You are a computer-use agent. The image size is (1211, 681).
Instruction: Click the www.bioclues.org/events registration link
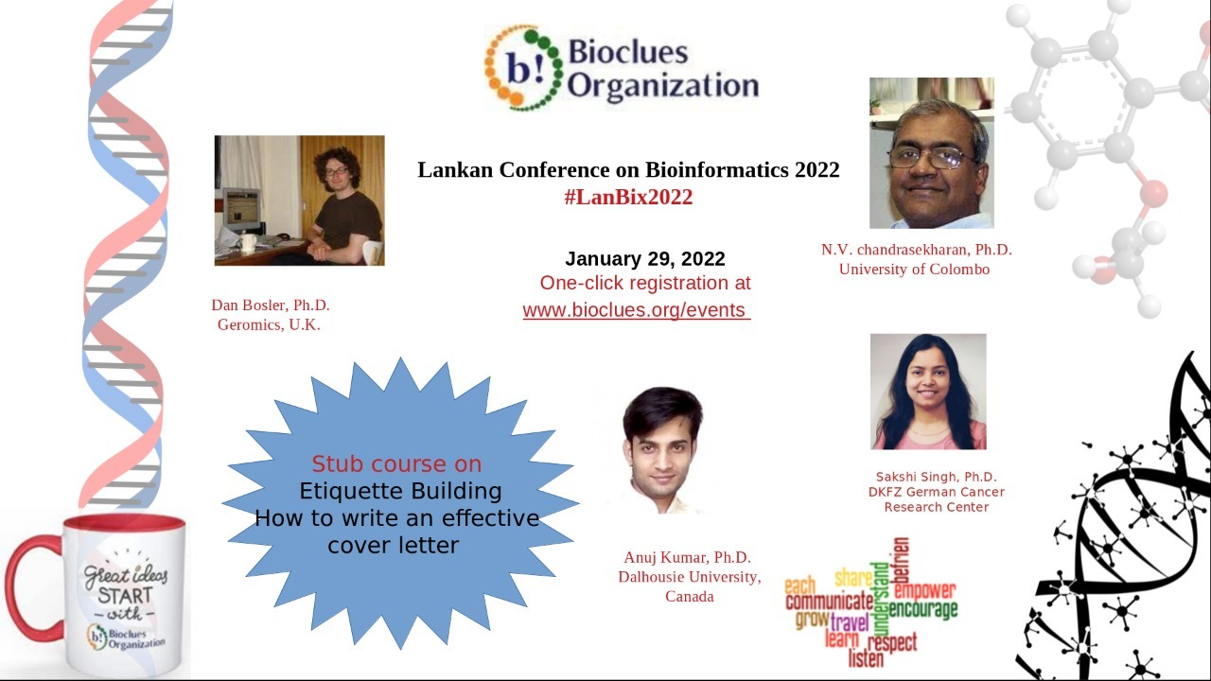(x=637, y=310)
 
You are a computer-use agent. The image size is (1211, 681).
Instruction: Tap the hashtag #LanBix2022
(x=628, y=198)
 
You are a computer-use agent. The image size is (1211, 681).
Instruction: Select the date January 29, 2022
(x=645, y=259)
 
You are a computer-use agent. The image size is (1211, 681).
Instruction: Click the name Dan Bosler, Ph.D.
(x=271, y=306)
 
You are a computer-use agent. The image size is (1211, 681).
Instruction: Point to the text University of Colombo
(x=914, y=270)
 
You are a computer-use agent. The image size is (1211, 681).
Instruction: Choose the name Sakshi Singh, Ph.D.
(x=937, y=477)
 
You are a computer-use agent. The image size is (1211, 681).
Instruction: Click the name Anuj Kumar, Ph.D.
(x=687, y=557)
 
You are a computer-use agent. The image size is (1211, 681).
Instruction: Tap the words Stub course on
(x=396, y=464)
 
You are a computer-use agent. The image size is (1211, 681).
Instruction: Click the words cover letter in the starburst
(x=393, y=546)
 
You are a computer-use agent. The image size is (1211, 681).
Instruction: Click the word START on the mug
(x=125, y=596)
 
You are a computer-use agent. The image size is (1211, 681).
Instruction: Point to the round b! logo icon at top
(x=523, y=68)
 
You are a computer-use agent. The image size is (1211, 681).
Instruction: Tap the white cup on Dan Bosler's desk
(x=248, y=243)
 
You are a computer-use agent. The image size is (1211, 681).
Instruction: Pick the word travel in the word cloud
(x=850, y=622)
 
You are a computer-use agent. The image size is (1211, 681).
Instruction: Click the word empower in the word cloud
(x=925, y=591)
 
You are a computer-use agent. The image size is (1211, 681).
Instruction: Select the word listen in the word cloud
(x=866, y=658)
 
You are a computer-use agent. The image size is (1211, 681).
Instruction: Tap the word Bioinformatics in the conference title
(x=717, y=169)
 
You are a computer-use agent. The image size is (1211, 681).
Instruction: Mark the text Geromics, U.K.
(x=269, y=324)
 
